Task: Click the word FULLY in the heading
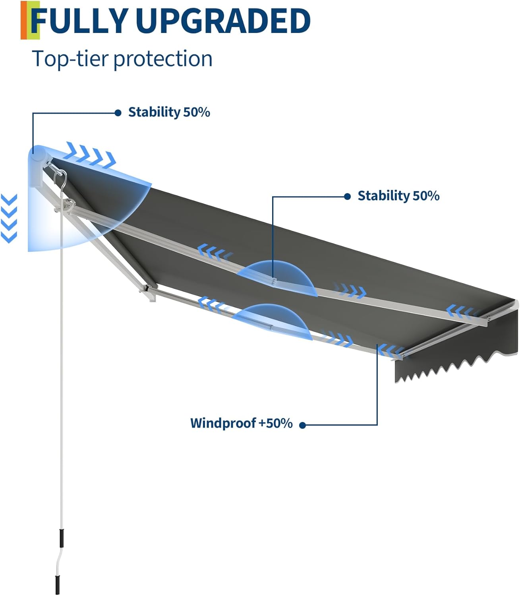[x=81, y=21]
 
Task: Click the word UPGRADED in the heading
[x=222, y=21]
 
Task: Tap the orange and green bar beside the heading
[x=30, y=20]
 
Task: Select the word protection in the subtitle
[x=163, y=59]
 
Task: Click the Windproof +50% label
[x=241, y=423]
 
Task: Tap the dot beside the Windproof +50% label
[x=302, y=425]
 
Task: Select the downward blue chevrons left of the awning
[x=9, y=219]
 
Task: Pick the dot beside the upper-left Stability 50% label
[x=118, y=113]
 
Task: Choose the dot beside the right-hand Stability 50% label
[x=347, y=196]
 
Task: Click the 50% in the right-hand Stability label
[x=426, y=196]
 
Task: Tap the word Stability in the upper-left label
[x=154, y=112]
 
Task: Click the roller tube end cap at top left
[x=37, y=155]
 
